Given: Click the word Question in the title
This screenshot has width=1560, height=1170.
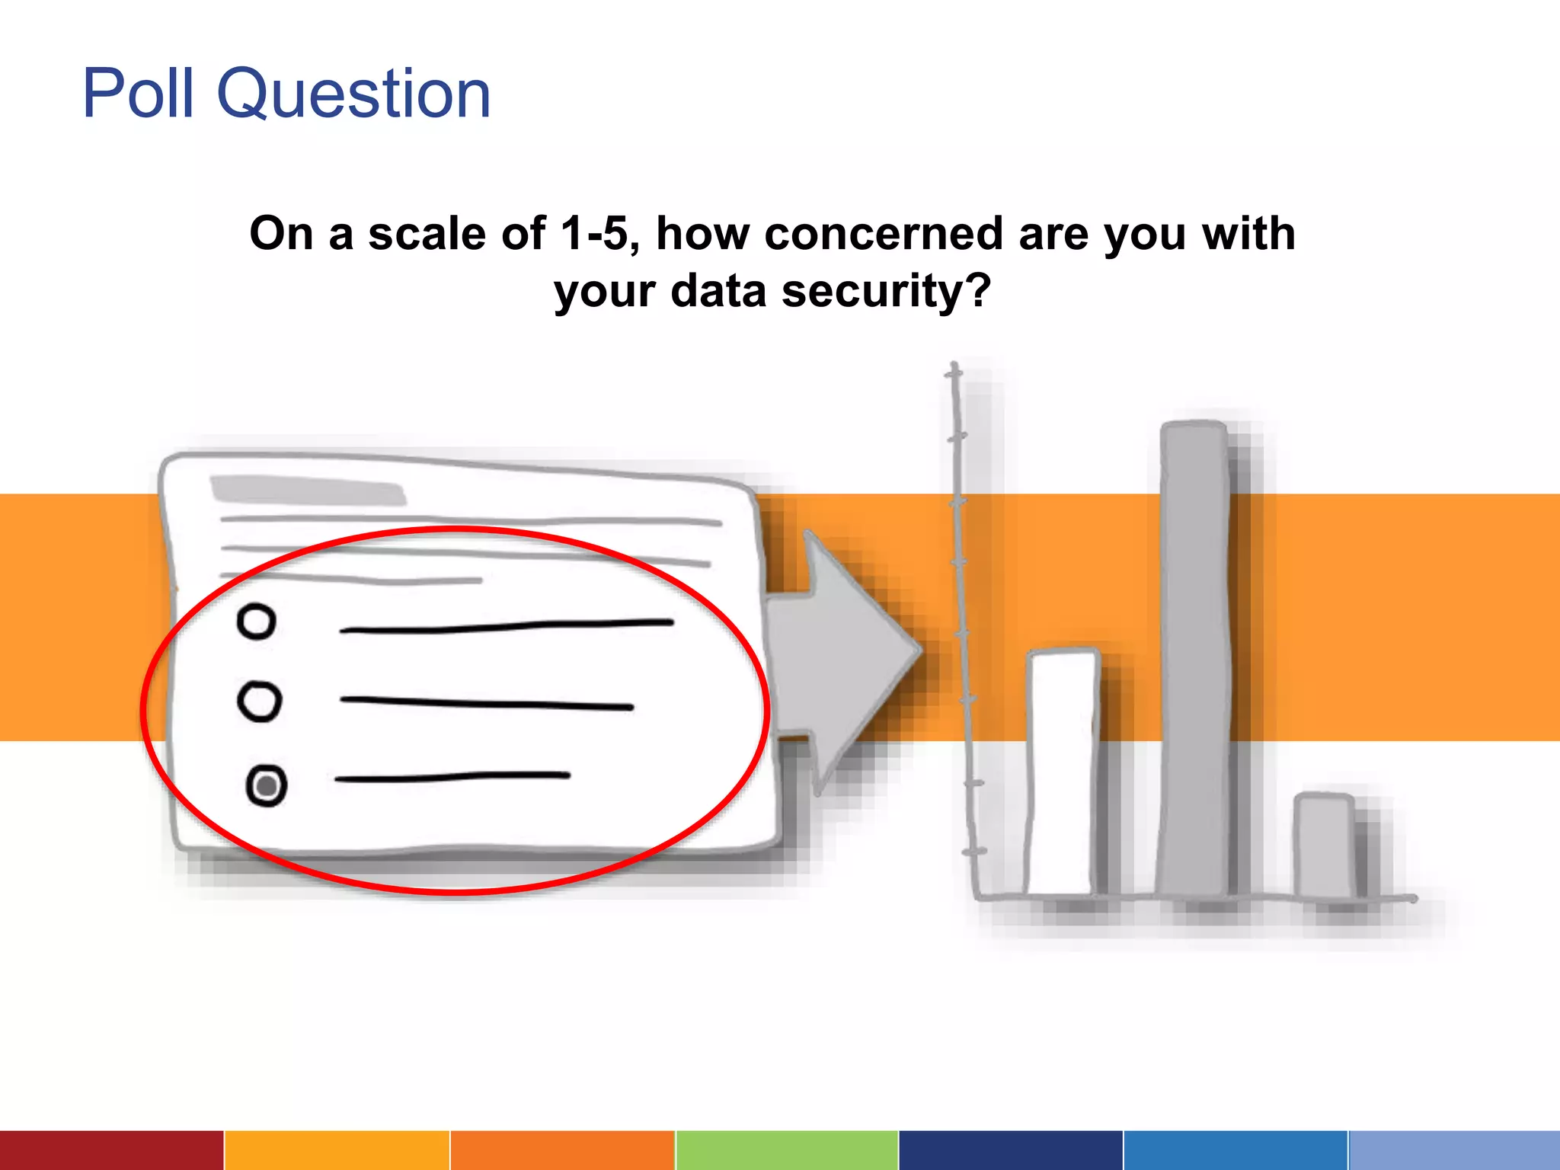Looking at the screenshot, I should pos(354,94).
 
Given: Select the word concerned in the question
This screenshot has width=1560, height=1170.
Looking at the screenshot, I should pos(884,233).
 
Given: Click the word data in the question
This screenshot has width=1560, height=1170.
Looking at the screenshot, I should pos(718,291).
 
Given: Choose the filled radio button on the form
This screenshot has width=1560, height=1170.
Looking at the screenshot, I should pos(267,785).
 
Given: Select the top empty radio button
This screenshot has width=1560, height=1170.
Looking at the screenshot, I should pos(256,622).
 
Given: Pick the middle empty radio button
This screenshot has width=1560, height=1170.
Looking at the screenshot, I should pos(260,702).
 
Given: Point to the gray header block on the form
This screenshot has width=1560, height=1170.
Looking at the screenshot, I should pos(308,491).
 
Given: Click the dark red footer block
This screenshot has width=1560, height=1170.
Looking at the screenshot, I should pos(111,1150).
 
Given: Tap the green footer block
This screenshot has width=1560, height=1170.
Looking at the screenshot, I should pos(787,1150).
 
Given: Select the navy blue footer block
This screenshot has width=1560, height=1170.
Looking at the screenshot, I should pos(1010,1150).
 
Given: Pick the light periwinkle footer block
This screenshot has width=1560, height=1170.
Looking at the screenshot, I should pos(1454,1150).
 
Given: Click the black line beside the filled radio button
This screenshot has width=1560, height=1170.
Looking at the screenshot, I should pos(452,777).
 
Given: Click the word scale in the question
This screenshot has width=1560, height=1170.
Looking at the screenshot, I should pos(427,233).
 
